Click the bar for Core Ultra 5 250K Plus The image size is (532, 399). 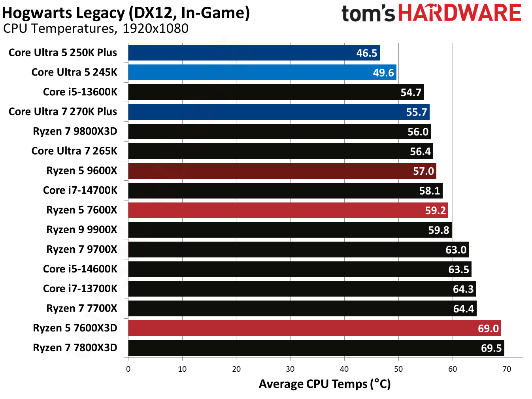(x=254, y=53)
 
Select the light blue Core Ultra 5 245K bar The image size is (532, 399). (x=262, y=72)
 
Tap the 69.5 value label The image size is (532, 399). (x=491, y=348)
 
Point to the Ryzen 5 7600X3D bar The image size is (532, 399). (x=314, y=328)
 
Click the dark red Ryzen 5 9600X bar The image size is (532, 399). (x=282, y=171)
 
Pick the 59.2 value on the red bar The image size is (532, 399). (x=435, y=210)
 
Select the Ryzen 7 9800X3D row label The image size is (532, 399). (x=75, y=131)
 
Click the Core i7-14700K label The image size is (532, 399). (x=80, y=190)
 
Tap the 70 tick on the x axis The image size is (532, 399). (x=506, y=369)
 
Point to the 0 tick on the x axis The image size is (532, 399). (x=128, y=369)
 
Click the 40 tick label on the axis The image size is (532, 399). (x=344, y=369)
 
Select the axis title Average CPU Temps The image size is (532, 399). (x=324, y=384)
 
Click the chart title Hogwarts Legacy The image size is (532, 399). (x=126, y=13)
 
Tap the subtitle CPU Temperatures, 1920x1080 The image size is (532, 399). (x=96, y=28)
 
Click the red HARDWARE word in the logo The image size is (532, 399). (x=459, y=13)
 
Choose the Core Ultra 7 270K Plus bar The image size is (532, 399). (x=279, y=112)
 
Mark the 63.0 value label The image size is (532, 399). (x=456, y=250)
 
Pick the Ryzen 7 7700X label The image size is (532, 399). (x=81, y=308)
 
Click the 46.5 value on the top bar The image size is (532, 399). (x=366, y=53)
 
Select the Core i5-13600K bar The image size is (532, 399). (x=275, y=92)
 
